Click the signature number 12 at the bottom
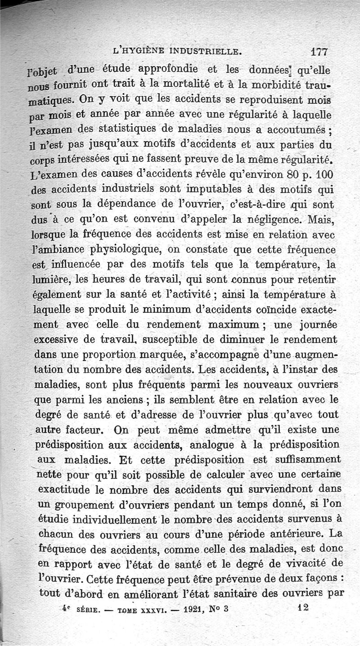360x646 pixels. pyautogui.click(x=302, y=607)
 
